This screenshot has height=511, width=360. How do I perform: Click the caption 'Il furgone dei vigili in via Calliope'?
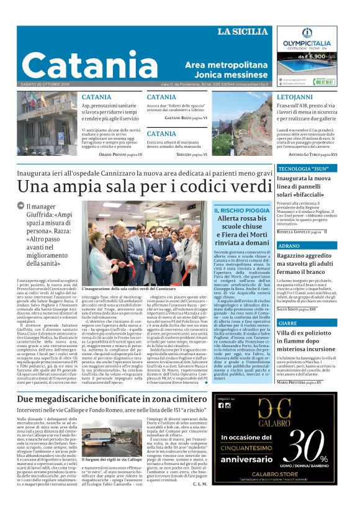(x=112, y=460)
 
